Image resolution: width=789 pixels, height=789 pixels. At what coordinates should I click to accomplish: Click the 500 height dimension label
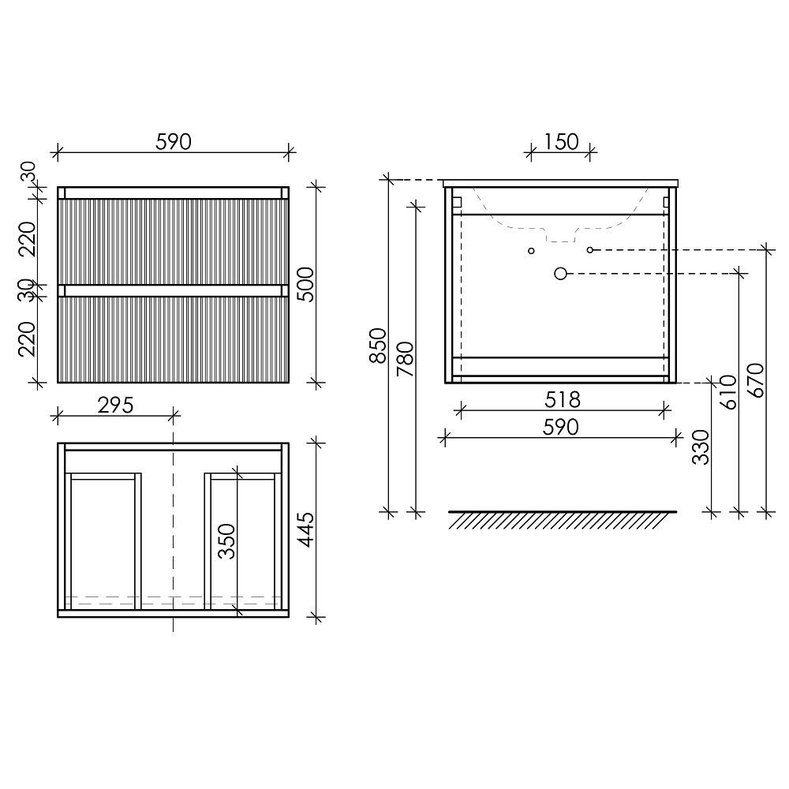coord(305,284)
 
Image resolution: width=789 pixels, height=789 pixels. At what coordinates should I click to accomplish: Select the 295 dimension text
coord(115,405)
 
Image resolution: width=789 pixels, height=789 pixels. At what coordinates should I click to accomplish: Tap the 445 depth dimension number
coord(305,530)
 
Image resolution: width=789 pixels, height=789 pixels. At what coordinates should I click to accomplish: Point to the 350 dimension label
coord(226,541)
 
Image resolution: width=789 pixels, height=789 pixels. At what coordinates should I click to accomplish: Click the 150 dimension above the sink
coord(561,142)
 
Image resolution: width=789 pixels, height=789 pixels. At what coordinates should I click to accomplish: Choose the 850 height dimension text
coord(377,346)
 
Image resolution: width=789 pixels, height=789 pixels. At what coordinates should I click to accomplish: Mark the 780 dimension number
coord(405,359)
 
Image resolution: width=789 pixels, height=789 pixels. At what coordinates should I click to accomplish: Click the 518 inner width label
coord(563,400)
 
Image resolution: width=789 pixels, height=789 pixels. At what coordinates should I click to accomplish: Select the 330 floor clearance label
coord(701,447)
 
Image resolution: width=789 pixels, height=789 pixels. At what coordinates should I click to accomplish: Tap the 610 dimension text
coord(728,392)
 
